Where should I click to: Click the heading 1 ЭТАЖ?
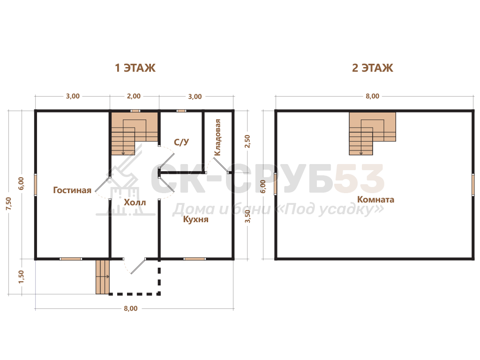(135, 67)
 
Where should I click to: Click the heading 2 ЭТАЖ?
(372, 67)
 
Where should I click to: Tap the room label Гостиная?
(72, 190)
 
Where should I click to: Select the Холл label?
(135, 202)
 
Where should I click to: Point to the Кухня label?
(195, 219)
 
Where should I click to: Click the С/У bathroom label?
(181, 142)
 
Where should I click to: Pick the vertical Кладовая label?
(217, 137)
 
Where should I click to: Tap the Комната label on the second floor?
(375, 200)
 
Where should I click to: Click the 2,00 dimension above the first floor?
(134, 96)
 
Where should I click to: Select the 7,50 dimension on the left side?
(8, 203)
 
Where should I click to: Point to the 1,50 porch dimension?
(21, 277)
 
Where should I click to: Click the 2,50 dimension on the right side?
(247, 142)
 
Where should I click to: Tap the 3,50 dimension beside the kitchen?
(247, 216)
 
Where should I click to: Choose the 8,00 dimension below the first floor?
(131, 308)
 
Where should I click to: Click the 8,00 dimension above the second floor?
(372, 96)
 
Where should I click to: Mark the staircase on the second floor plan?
(372, 134)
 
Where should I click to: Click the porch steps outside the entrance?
(103, 277)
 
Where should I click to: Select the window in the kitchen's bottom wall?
(195, 259)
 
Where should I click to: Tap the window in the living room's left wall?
(36, 185)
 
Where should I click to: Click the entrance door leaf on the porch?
(138, 266)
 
